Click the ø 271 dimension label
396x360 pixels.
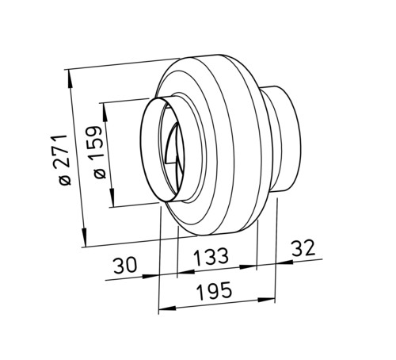point(63,160)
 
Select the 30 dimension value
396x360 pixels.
point(125,266)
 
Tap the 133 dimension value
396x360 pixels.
point(211,256)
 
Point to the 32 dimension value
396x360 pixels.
point(303,248)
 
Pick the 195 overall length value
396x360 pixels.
point(215,291)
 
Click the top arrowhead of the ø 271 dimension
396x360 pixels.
point(70,79)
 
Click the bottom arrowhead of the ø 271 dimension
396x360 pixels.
point(84,237)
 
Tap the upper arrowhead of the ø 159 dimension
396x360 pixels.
point(105,112)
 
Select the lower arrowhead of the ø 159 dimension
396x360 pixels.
point(112,197)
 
